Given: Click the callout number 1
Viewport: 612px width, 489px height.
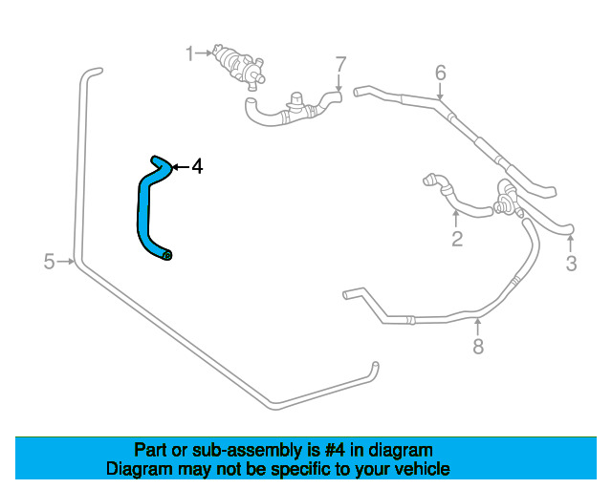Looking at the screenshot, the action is (189, 53).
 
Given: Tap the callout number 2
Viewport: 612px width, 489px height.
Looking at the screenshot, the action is (457, 239).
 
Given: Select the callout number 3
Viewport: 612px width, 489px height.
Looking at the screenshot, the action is (572, 264).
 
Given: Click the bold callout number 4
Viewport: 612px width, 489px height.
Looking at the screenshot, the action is (198, 166).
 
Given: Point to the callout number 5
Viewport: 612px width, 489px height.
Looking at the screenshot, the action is (49, 262).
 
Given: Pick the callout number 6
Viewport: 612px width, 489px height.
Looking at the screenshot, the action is (440, 73).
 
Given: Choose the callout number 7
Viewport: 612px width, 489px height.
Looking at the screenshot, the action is (340, 64).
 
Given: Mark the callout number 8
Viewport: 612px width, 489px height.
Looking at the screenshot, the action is (478, 347).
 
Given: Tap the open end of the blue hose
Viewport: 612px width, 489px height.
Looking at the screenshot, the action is (167, 255).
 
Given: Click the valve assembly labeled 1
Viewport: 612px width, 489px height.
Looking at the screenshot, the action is (238, 66).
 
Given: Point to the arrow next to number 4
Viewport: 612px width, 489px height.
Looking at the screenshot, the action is (181, 167).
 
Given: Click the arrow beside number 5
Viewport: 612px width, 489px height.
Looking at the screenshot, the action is (65, 262).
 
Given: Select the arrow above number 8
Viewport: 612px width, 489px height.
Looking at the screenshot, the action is (477, 328).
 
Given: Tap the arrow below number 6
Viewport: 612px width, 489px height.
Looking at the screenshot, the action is (440, 92).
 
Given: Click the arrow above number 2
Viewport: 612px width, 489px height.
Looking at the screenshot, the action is (455, 219).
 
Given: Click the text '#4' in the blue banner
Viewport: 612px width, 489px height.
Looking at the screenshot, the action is (335, 451).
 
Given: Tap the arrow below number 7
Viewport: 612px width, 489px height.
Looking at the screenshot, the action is (339, 83).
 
